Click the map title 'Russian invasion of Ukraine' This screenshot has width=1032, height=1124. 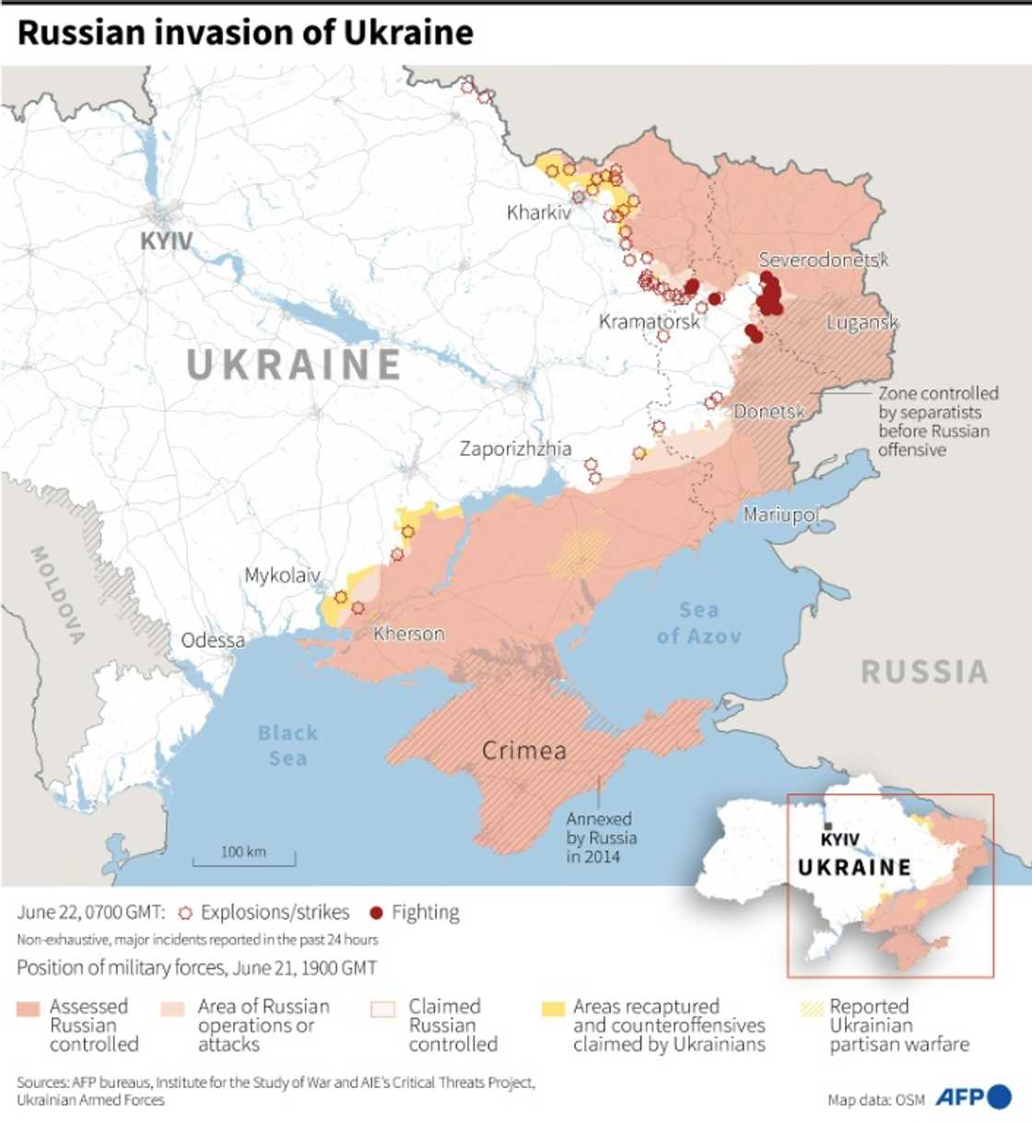pyautogui.click(x=245, y=33)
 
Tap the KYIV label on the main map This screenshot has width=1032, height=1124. pyautogui.click(x=166, y=241)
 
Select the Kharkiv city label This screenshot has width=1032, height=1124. pyautogui.click(x=539, y=213)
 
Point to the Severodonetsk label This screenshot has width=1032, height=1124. pyautogui.click(x=823, y=260)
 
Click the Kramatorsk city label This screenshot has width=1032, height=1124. pyautogui.click(x=650, y=322)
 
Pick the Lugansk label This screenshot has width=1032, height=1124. pyautogui.click(x=862, y=322)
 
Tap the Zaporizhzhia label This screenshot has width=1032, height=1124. pyautogui.click(x=516, y=449)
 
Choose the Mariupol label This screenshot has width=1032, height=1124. pyautogui.click(x=781, y=514)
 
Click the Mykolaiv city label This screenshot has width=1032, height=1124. pyautogui.click(x=282, y=576)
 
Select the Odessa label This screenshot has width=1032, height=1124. pyautogui.click(x=213, y=640)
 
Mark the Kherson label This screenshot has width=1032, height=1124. pyautogui.click(x=408, y=634)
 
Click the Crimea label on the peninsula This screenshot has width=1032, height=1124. pyautogui.click(x=524, y=751)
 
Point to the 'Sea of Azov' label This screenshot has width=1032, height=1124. pyautogui.click(x=698, y=623)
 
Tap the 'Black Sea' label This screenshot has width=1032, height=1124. pyautogui.click(x=287, y=745)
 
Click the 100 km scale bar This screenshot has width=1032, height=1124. pyautogui.click(x=244, y=858)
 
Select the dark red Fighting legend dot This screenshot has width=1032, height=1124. pyautogui.click(x=376, y=913)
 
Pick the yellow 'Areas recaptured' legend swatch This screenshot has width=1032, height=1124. pyautogui.click(x=553, y=1008)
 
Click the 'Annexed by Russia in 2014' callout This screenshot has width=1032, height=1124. pyautogui.click(x=601, y=837)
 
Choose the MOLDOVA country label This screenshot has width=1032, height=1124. pyautogui.click(x=58, y=594)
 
